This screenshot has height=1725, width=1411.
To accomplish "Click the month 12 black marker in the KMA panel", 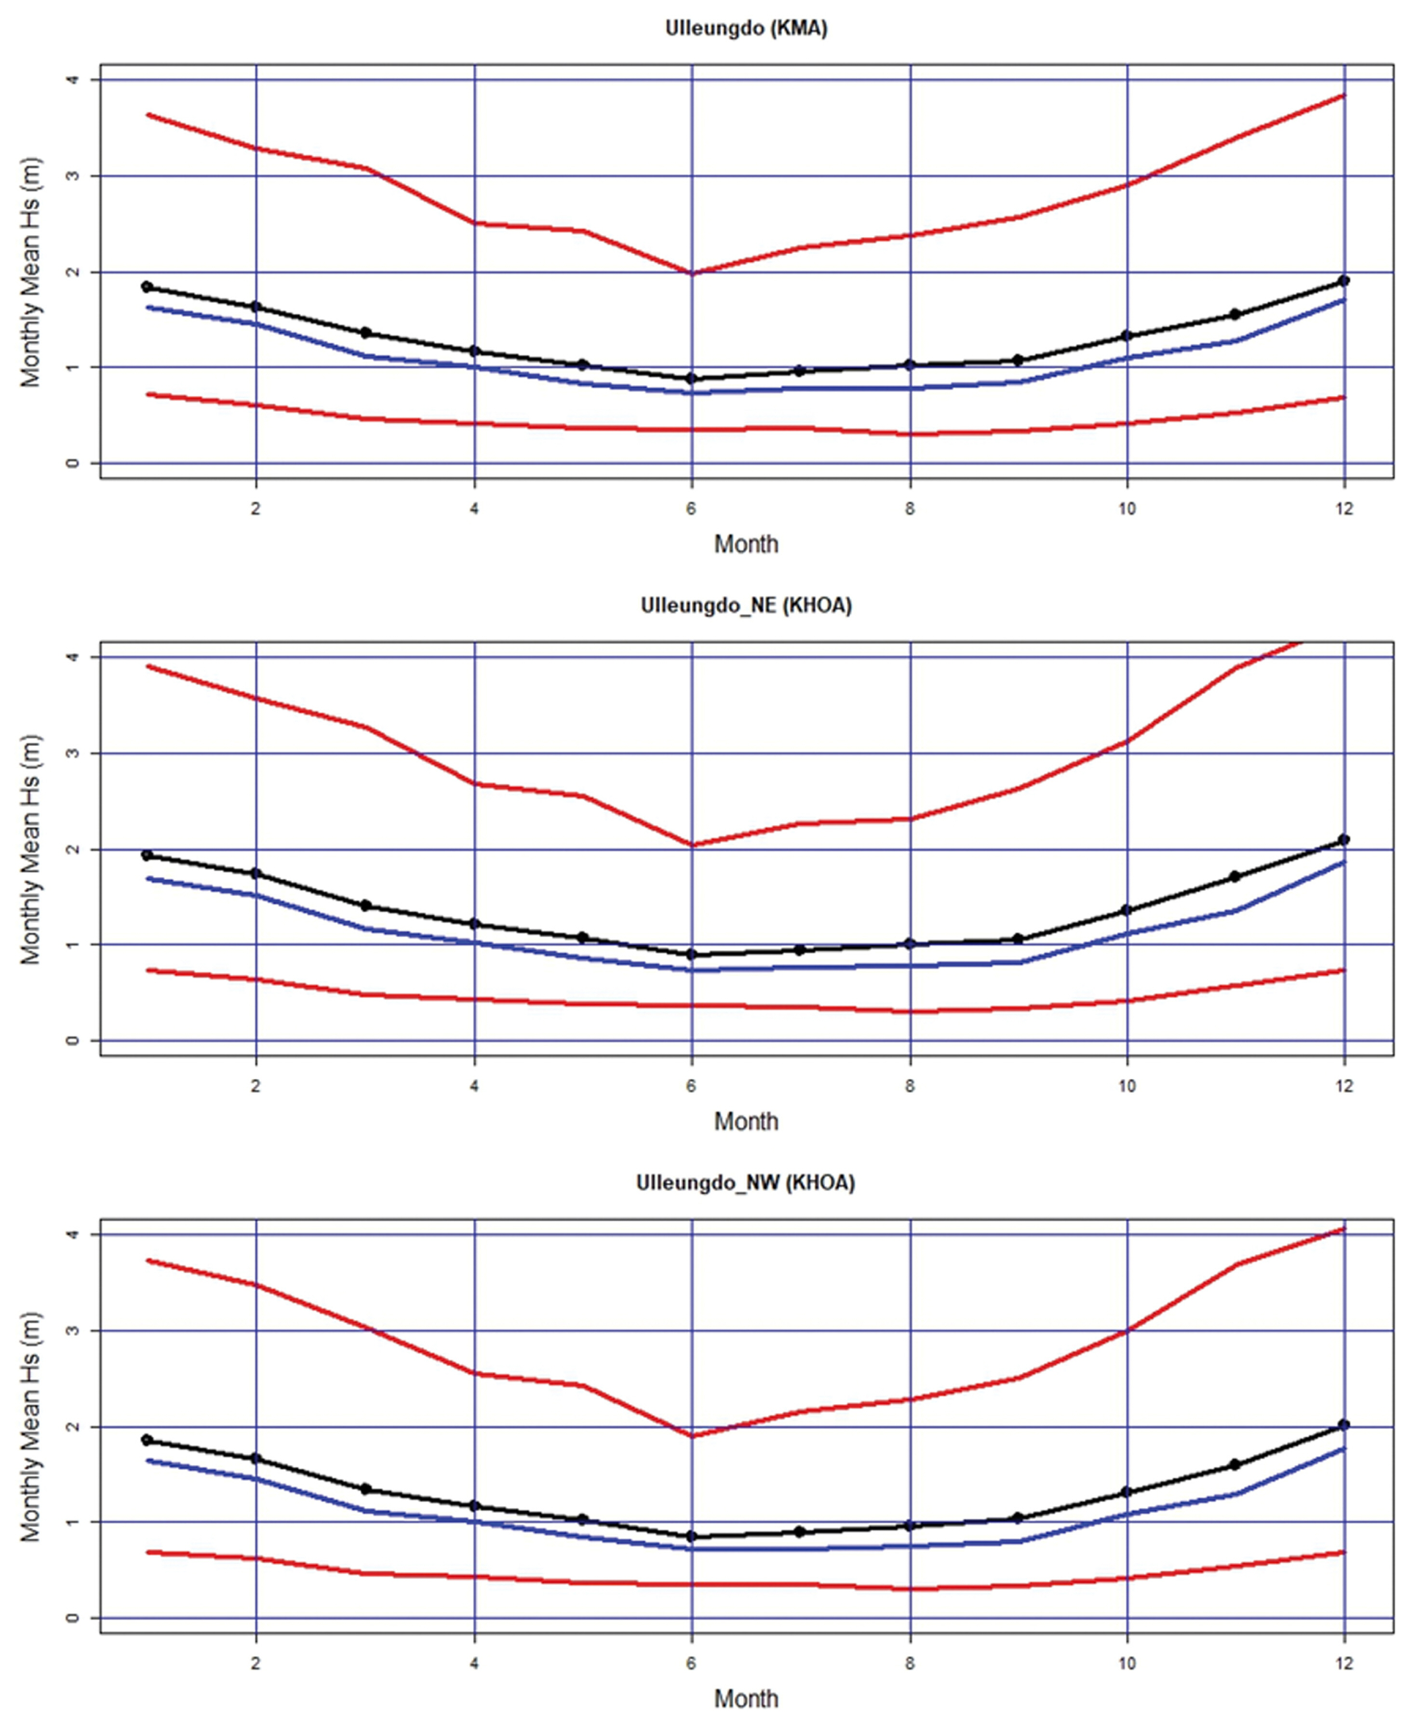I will tap(1344, 280).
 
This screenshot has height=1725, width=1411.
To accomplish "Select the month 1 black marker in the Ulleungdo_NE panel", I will tap(147, 855).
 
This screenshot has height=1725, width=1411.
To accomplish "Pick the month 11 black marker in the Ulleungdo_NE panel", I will tap(1235, 876).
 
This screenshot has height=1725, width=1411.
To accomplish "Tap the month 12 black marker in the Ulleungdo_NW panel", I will tap(1344, 1424).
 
